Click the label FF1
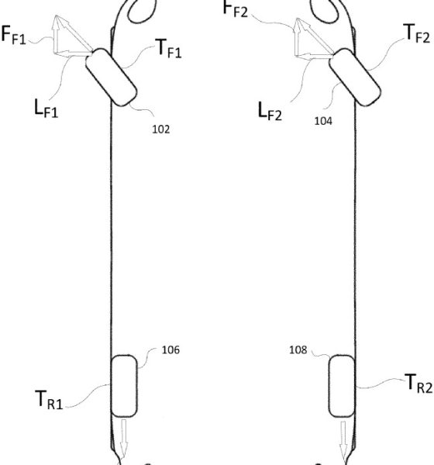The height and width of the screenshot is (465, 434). coord(14,35)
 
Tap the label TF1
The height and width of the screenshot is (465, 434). coord(168,48)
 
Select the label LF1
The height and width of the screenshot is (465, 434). coord(46,108)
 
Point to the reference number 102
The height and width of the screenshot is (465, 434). coord(160,129)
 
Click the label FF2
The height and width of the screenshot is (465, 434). coord(236,9)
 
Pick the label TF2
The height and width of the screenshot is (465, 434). coord(417,34)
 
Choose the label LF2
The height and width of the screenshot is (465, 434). coord(270,111)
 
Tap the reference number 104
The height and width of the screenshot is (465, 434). coord(323,121)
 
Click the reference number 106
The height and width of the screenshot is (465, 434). coord(170,350)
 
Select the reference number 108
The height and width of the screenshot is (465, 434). coord(298,350)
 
